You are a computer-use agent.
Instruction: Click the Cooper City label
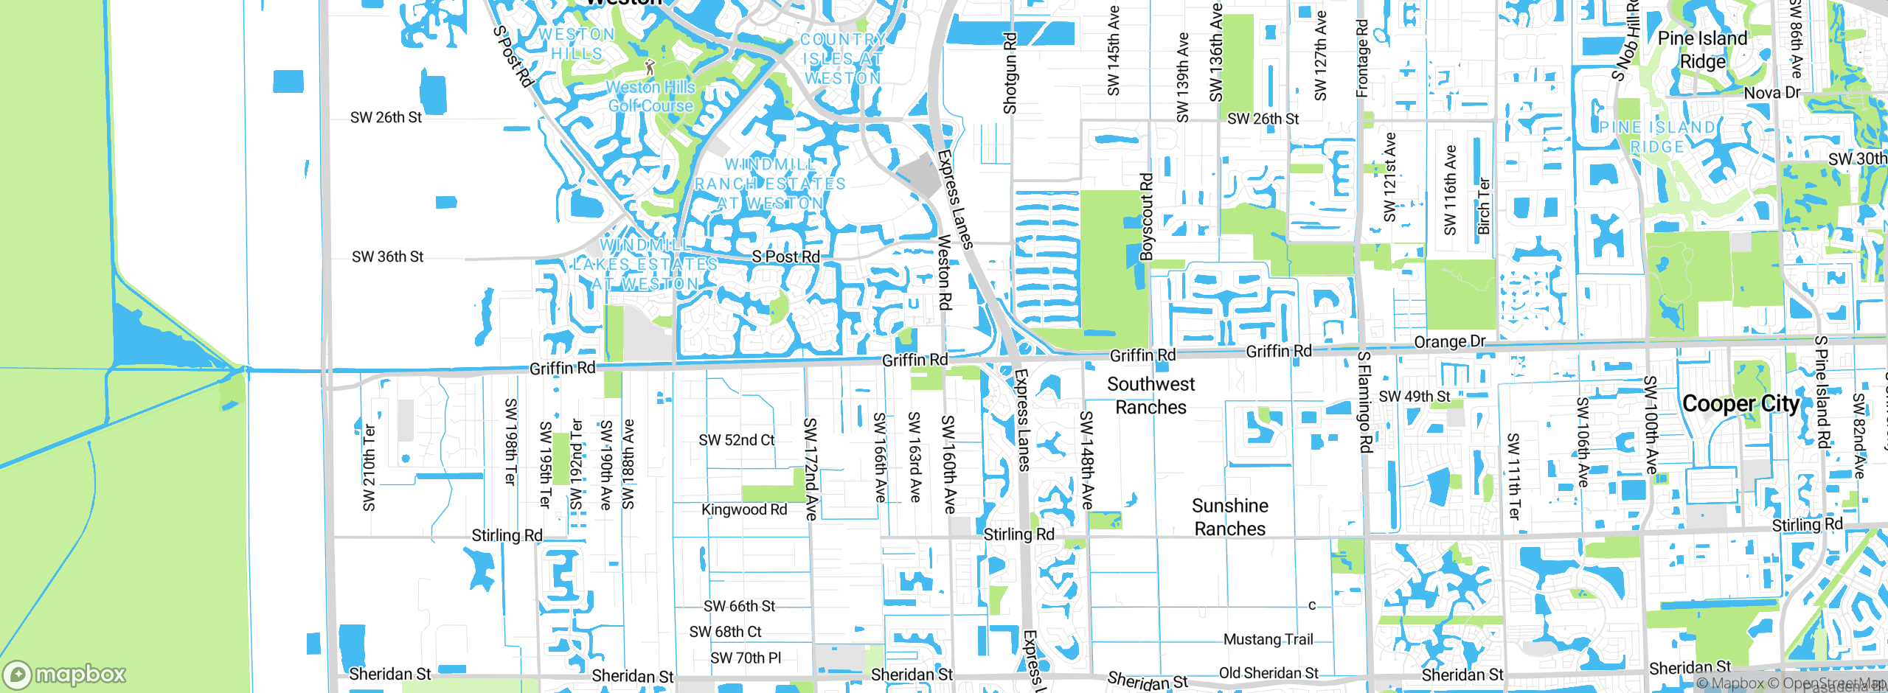(x=1740, y=404)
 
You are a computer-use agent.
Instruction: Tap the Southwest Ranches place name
(x=1150, y=395)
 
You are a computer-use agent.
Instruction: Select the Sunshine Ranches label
(x=1229, y=517)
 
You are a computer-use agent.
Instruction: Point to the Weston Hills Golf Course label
(x=650, y=97)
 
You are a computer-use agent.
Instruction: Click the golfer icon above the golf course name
(x=649, y=67)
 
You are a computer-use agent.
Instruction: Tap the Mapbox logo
(x=65, y=674)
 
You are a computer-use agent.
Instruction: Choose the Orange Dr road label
(x=1449, y=342)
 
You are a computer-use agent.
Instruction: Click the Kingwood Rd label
(x=744, y=509)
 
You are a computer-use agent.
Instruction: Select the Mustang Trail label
(x=1268, y=639)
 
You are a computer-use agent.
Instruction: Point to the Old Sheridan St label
(x=1268, y=673)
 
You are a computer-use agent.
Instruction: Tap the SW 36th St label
(x=387, y=257)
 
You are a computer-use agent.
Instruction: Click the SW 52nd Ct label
(x=737, y=440)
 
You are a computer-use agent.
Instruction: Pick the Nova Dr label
(x=1772, y=93)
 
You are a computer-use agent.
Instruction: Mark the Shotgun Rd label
(x=1010, y=73)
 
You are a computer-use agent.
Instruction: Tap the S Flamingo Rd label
(x=1364, y=402)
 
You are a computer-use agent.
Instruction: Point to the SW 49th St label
(x=1415, y=397)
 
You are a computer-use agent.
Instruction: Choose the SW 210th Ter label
(x=369, y=467)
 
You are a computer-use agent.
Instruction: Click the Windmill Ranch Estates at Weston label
(x=771, y=184)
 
